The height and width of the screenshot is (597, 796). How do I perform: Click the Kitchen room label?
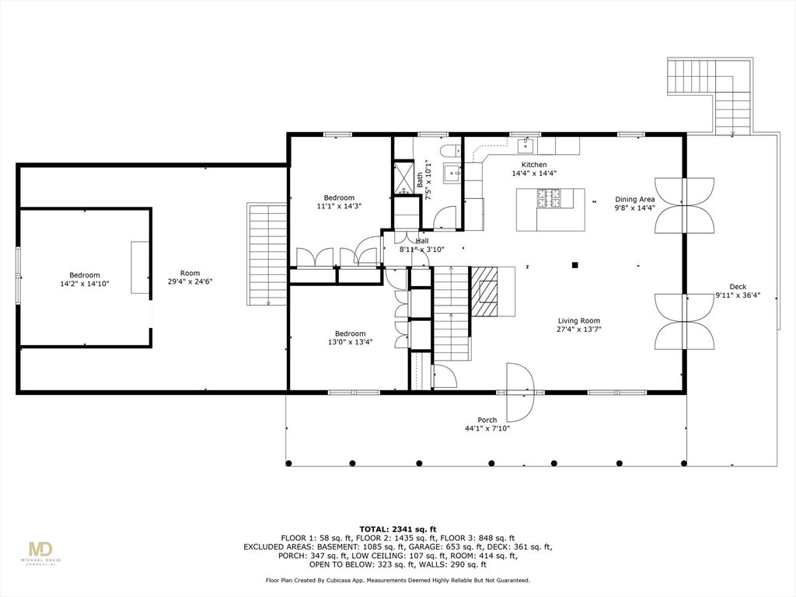(534, 169)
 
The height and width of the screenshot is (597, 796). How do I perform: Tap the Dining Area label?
(634, 203)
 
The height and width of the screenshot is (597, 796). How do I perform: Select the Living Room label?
(578, 324)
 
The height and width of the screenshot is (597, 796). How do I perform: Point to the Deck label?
(738, 291)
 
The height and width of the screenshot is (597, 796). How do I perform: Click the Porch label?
(487, 424)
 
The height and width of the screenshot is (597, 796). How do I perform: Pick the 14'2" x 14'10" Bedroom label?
(84, 279)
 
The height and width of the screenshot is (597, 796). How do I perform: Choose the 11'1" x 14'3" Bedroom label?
(339, 201)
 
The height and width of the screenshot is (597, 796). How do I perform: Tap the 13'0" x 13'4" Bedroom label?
(350, 337)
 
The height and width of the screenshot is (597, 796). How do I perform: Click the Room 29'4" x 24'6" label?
(190, 277)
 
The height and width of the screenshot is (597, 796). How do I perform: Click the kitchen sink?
(525, 145)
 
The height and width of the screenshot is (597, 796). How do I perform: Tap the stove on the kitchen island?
(548, 198)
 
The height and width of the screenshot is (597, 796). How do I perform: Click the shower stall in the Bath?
(404, 178)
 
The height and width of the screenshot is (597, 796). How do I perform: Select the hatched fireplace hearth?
(484, 292)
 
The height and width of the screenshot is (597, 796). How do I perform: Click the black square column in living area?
(575, 264)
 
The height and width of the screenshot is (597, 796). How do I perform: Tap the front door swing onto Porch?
(520, 393)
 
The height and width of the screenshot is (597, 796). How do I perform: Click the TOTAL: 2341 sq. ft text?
(398, 529)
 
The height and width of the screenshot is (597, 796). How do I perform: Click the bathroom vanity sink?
(452, 173)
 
